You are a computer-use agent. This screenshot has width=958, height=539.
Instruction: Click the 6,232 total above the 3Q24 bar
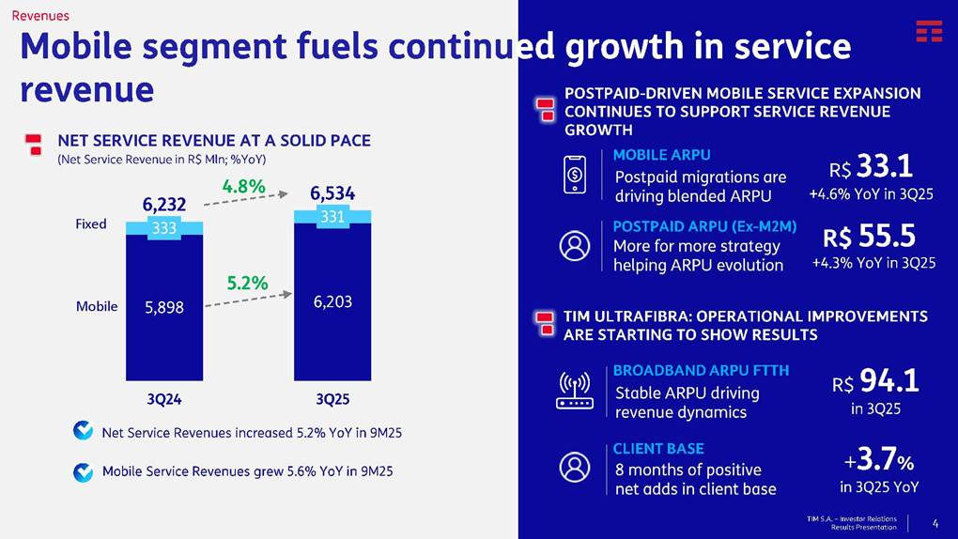[x=163, y=204]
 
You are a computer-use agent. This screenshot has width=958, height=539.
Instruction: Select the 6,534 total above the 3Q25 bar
[x=332, y=194]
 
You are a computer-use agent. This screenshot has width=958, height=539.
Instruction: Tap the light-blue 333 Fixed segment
[x=163, y=227]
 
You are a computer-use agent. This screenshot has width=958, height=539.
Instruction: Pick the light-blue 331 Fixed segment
[x=332, y=217]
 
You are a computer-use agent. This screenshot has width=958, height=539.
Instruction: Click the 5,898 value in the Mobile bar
[x=163, y=307]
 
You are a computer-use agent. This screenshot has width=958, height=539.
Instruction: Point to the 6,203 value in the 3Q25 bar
[x=332, y=302]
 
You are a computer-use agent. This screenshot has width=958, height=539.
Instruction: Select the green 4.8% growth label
[x=243, y=186]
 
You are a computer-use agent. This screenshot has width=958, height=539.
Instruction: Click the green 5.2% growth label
[x=247, y=282]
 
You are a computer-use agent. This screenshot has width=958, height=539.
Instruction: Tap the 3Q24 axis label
[x=163, y=399]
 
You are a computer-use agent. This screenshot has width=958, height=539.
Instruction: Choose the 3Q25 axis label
[x=332, y=399]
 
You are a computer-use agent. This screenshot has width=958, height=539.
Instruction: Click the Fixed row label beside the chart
[x=91, y=224]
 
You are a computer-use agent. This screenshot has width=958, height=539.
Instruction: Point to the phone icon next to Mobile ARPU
[x=575, y=175]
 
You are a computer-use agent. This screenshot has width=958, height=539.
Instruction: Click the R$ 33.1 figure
[x=871, y=169]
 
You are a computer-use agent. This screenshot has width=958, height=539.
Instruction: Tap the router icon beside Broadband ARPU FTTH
[x=575, y=391]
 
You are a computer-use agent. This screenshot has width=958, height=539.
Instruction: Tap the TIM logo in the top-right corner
[x=929, y=31]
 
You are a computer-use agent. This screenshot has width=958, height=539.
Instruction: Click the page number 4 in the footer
[x=934, y=522]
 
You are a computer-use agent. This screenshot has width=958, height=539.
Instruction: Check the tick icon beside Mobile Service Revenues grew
[x=84, y=471]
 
